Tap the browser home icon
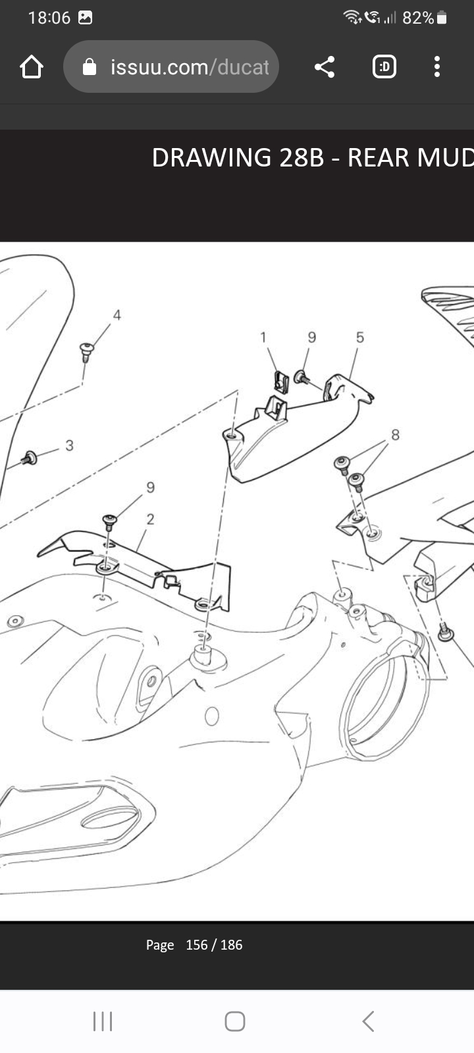32,66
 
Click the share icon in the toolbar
325,66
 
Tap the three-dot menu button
437,66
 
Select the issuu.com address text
190,67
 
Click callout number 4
117,315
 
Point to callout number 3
70,445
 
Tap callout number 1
263,337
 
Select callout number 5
359,337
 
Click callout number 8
396,435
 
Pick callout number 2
151,519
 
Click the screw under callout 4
86,352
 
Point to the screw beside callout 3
29,458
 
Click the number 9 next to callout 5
312,337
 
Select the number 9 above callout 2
151,487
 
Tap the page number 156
197,945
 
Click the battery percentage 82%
418,18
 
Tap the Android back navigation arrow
369,1021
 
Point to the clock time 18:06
49,18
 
